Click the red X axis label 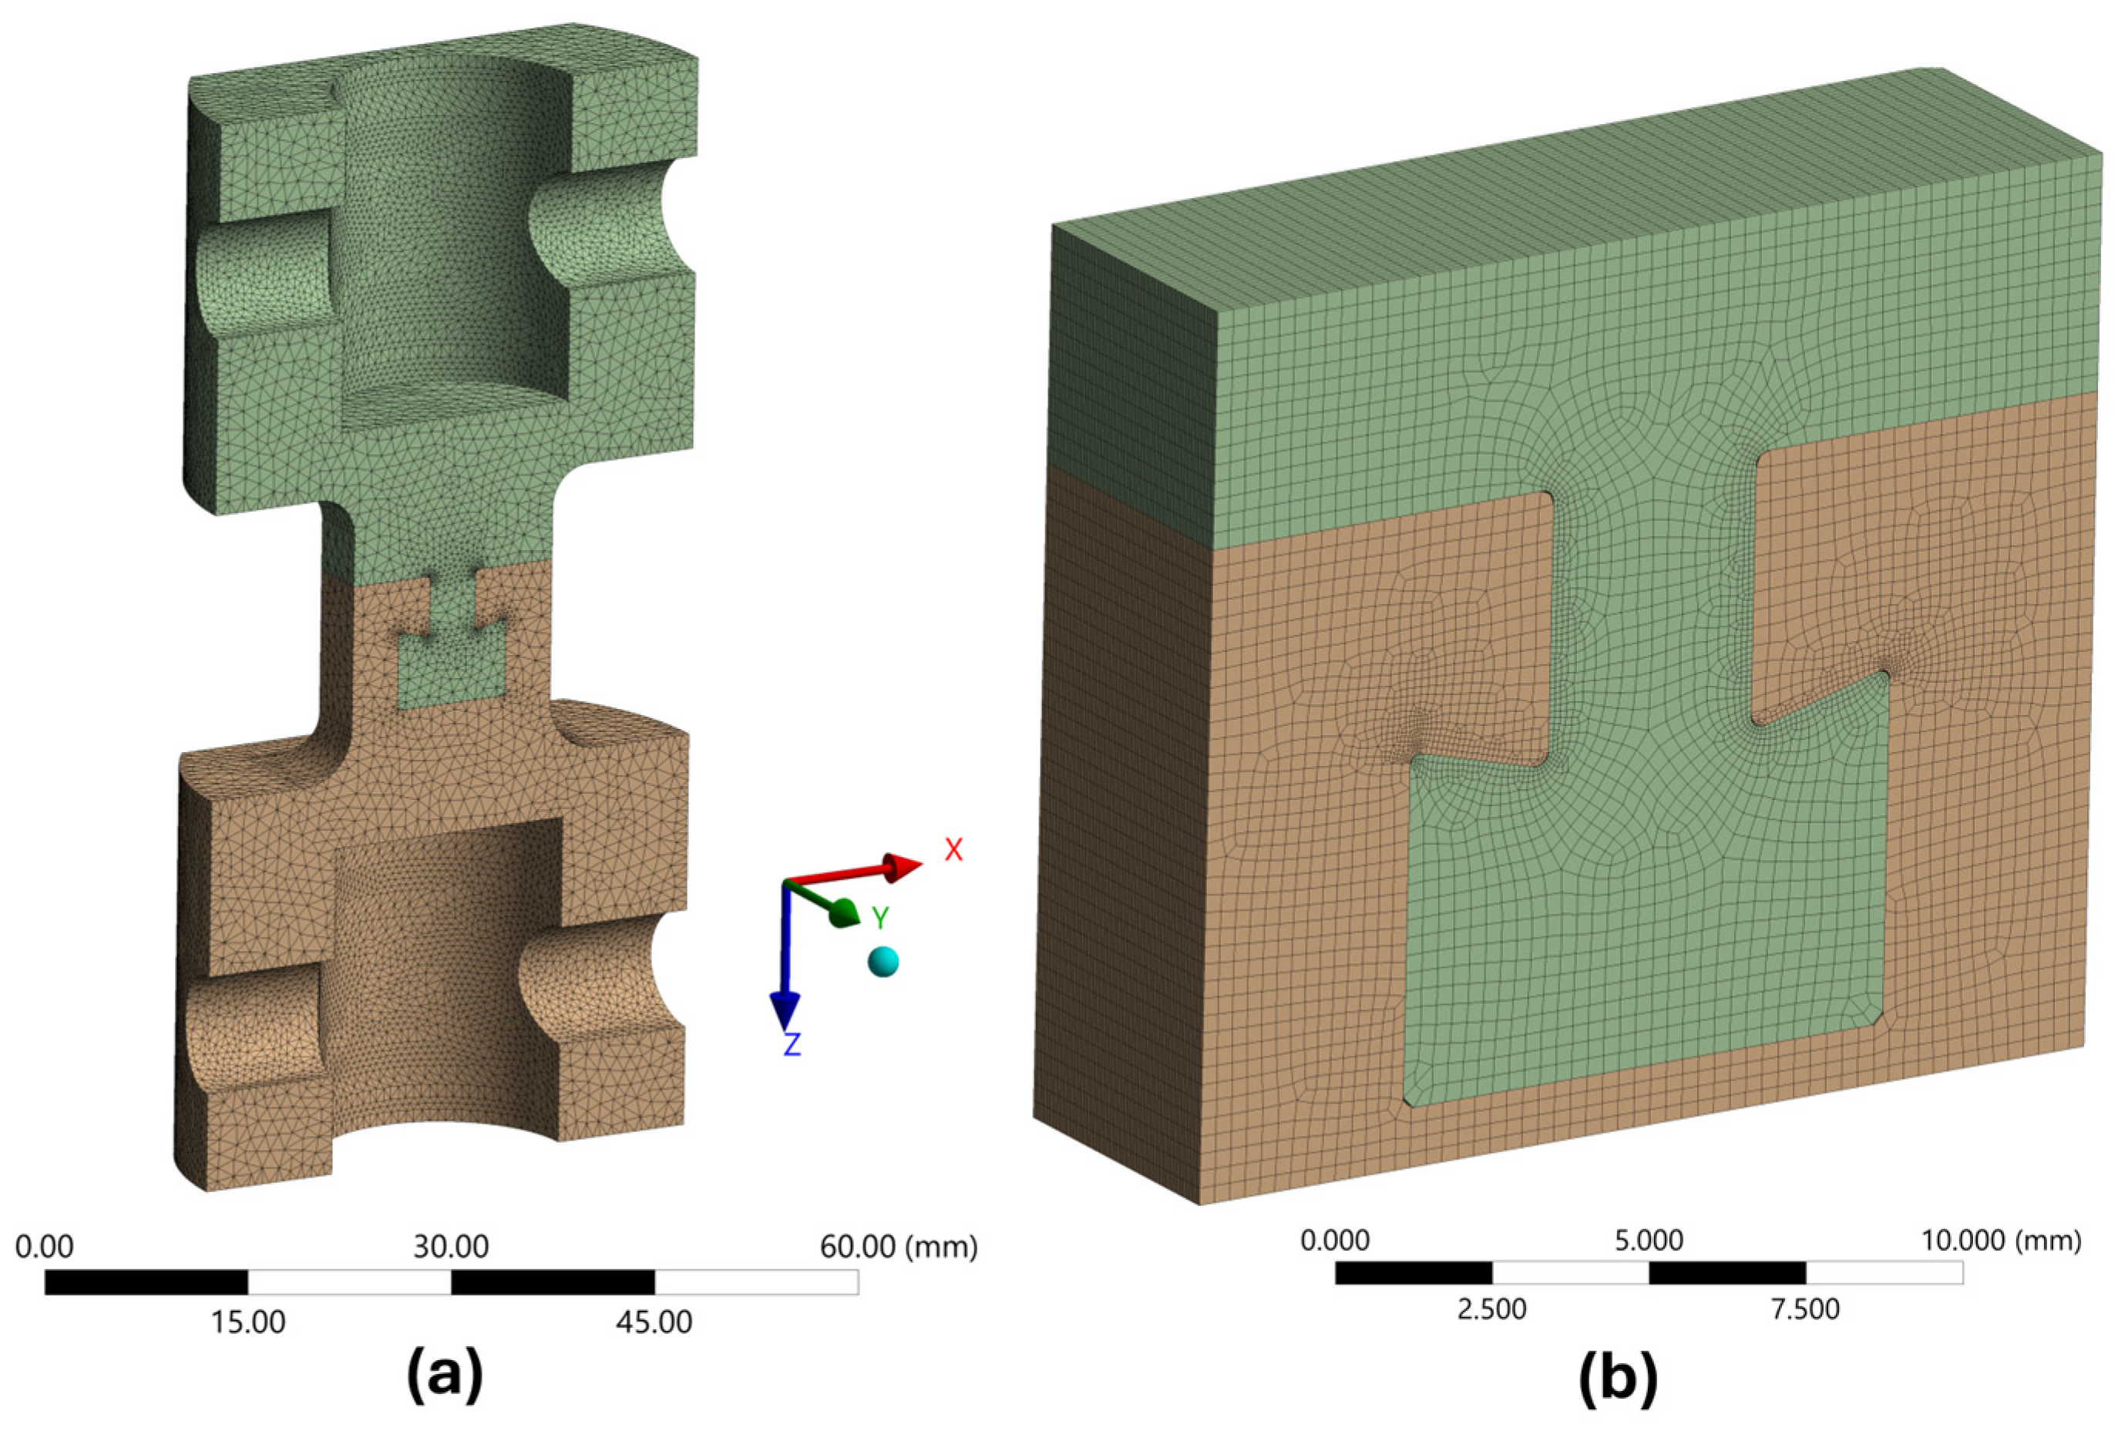[953, 849]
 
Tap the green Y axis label [879, 918]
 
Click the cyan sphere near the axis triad [883, 961]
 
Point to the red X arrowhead [903, 867]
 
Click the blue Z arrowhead [785, 1011]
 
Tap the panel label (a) [445, 1376]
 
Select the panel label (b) [1618, 1376]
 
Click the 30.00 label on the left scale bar [451, 1246]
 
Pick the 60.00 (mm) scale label [899, 1246]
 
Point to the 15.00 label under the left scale [248, 1322]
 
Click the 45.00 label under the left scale [654, 1322]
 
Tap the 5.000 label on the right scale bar [1649, 1240]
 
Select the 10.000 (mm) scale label [2002, 1240]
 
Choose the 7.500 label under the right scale [1805, 1309]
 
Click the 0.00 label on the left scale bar [45, 1246]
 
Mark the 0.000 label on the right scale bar [1334, 1240]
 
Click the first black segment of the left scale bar [146, 1282]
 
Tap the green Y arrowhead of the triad [845, 912]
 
